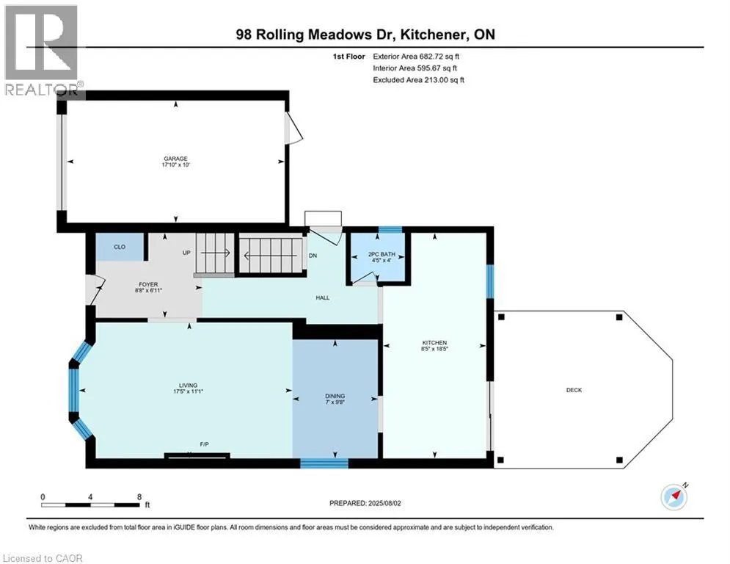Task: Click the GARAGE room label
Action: [x=175, y=159]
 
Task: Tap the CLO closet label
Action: [x=120, y=247]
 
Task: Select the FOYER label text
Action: [x=148, y=284]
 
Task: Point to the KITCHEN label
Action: [x=434, y=343]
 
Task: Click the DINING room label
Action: [x=334, y=396]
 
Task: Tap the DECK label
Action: [x=574, y=390]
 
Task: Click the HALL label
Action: [x=322, y=297]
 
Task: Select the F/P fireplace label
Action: [x=205, y=445]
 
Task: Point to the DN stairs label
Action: [x=313, y=256]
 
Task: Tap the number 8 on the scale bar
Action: [x=139, y=496]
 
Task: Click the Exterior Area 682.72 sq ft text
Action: [x=416, y=56]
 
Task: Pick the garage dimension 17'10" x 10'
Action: [x=175, y=165]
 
